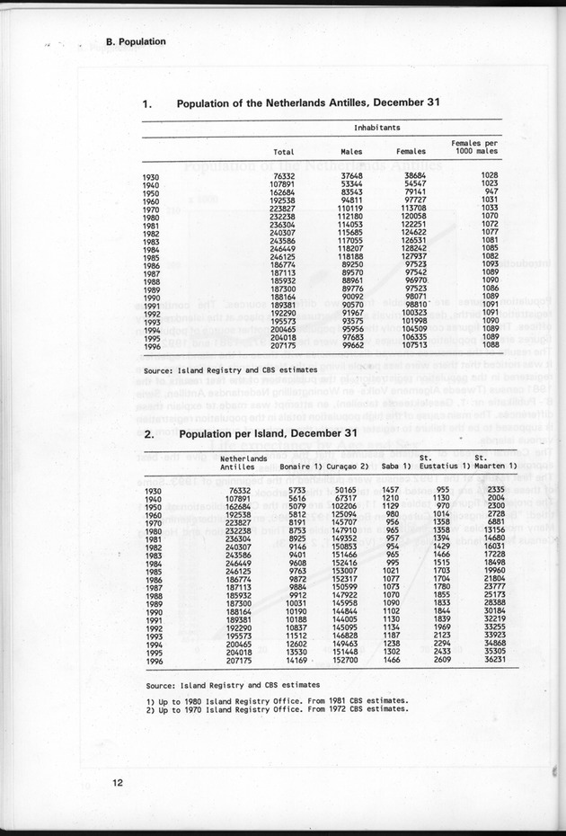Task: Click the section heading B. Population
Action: tap(135, 41)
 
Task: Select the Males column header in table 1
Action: tap(352, 152)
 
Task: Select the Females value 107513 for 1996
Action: tap(412, 344)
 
